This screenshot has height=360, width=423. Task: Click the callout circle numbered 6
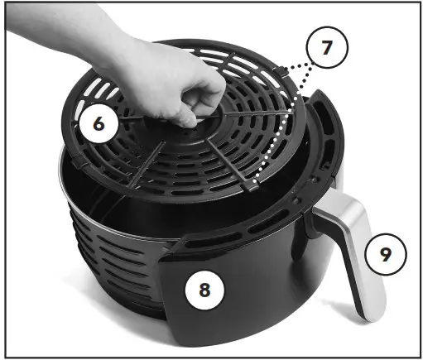pyautogui.click(x=99, y=124)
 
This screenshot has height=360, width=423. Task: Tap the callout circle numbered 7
pyautogui.click(x=327, y=48)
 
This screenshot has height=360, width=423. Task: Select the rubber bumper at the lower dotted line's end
pyautogui.click(x=251, y=187)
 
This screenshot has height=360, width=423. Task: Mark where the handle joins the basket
pyautogui.click(x=319, y=217)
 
